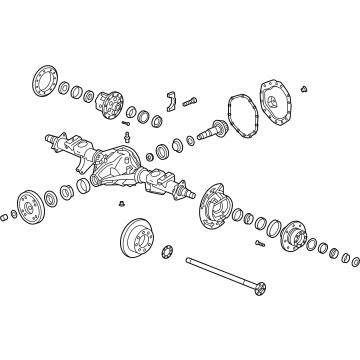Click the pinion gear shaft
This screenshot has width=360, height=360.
[215, 128]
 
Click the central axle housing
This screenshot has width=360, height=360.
[124, 164]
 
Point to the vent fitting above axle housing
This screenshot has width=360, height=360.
[127, 134]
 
